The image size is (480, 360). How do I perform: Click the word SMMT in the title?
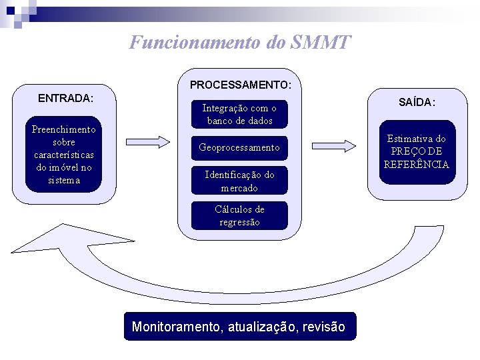point(320,43)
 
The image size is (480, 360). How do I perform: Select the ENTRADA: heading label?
point(65,98)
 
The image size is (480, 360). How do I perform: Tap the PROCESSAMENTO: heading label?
point(240,85)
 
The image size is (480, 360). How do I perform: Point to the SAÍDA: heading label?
point(417,102)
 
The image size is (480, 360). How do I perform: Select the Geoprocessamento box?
point(239,147)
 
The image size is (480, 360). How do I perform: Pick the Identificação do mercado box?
point(239,181)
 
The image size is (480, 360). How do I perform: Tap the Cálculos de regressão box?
point(239,215)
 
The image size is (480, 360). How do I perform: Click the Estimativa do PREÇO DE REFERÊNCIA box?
point(417,151)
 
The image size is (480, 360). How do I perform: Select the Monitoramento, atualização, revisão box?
point(239,327)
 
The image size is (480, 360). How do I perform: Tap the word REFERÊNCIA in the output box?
point(417,164)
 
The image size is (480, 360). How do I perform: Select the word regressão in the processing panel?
point(239,222)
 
